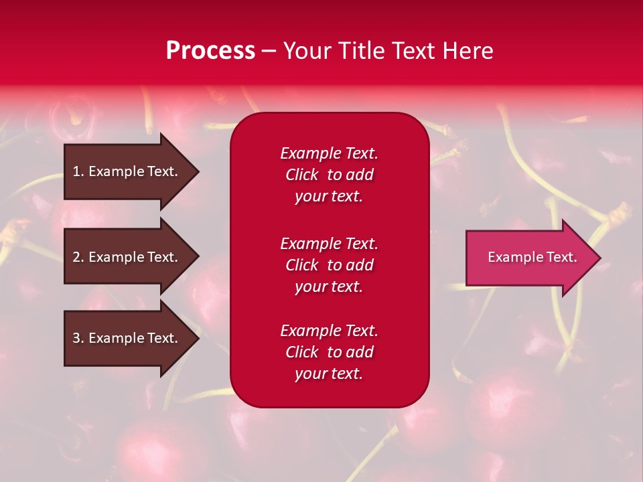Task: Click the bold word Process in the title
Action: [210, 51]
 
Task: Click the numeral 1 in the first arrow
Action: [77, 171]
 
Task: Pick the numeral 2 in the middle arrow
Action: [77, 257]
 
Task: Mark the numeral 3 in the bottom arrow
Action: [77, 338]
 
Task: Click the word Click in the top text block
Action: [302, 175]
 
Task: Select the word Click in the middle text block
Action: [302, 265]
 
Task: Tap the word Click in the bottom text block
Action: [302, 352]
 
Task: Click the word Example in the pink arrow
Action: [512, 257]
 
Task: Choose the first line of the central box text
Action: [329, 153]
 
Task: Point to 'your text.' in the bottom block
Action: [329, 374]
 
